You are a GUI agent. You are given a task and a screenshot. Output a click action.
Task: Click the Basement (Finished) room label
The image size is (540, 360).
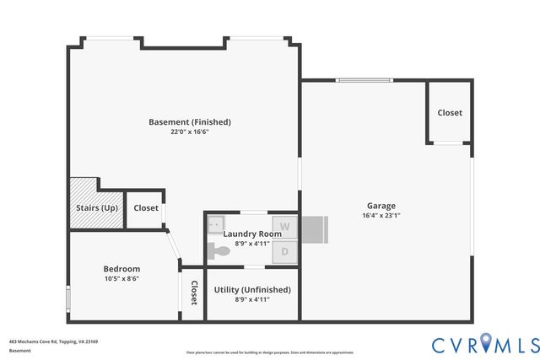190,122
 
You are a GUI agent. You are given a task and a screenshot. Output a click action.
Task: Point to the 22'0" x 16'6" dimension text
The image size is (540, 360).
190,132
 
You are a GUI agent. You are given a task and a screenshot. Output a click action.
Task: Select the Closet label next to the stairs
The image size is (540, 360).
145,208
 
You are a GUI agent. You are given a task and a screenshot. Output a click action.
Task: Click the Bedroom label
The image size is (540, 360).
121,269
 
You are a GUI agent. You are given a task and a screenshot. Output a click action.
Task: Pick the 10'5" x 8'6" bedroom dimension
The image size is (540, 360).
121,279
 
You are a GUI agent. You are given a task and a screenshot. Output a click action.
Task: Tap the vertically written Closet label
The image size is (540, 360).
193,293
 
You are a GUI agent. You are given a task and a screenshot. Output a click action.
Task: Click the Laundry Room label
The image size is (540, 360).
252,234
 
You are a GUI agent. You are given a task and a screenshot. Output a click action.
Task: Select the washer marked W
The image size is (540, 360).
285,227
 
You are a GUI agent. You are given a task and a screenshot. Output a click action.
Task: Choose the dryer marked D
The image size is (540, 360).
285,251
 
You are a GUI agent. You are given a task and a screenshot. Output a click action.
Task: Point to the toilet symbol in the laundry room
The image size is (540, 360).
220,250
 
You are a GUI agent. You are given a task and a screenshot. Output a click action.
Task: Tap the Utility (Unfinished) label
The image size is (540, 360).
252,289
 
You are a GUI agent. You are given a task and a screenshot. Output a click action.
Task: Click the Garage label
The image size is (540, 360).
381,206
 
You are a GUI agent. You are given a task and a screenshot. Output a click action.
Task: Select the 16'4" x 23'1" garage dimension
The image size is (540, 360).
381,216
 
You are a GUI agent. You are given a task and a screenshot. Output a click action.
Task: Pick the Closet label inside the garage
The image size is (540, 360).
449,113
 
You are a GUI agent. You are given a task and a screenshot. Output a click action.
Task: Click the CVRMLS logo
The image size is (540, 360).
485,344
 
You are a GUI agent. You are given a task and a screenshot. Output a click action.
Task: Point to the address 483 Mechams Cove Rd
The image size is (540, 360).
54,341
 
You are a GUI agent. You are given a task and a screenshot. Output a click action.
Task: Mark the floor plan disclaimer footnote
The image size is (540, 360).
270,352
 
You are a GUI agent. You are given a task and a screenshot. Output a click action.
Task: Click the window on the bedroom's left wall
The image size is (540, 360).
68,299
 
